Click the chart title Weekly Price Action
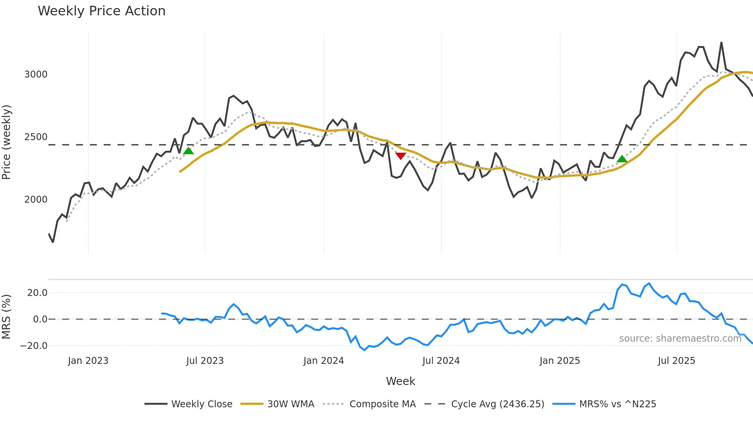click(101, 11)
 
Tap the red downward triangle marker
click(401, 156)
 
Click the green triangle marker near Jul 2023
click(188, 151)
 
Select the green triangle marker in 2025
click(622, 159)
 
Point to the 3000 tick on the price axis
click(36, 74)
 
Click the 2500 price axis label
click(36, 137)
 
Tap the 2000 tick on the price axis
click(36, 200)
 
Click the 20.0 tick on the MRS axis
click(37, 293)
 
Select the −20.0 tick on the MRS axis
click(34, 346)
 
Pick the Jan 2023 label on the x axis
click(88, 361)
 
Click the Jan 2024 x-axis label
click(323, 361)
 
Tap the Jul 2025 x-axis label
click(676, 361)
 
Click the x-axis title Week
click(400, 381)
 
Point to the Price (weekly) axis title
click(7, 142)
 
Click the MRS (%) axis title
click(7, 317)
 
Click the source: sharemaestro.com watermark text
click(680, 339)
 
